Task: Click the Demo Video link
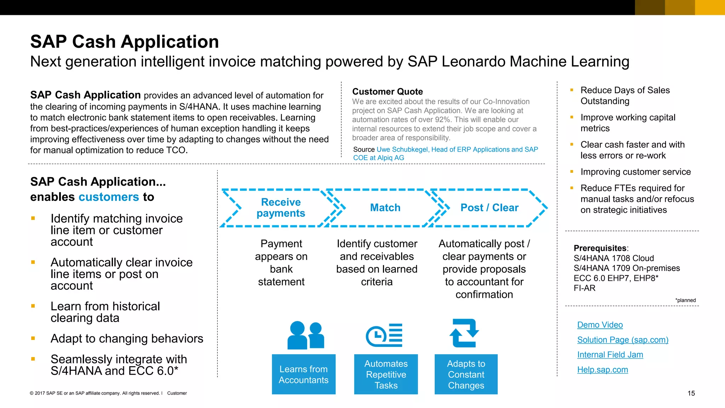click(600, 325)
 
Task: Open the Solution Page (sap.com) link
click(622, 340)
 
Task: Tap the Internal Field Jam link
click(610, 355)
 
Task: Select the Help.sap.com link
click(603, 370)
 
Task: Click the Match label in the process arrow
click(385, 208)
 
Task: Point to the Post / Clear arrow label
click(489, 208)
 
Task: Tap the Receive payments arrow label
click(281, 208)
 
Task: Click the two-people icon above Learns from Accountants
click(306, 335)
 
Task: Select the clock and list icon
click(384, 335)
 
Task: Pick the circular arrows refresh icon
click(464, 333)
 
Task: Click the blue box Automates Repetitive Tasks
click(386, 374)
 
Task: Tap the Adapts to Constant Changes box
click(466, 374)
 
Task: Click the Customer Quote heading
click(387, 92)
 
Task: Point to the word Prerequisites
click(600, 248)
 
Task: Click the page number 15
click(691, 393)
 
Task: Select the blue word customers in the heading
click(109, 197)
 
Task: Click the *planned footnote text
click(685, 300)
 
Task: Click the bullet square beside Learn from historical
click(33, 306)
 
